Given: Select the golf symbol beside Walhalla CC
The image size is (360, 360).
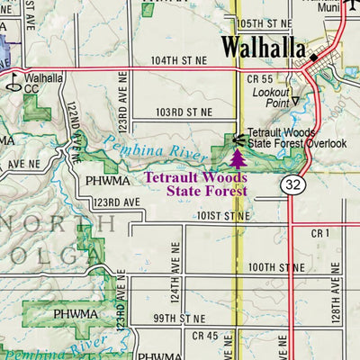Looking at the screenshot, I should tap(13, 84).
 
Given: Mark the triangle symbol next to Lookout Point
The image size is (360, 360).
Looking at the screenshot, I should tap(294, 103).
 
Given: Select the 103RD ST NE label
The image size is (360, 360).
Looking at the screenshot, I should tap(183, 112).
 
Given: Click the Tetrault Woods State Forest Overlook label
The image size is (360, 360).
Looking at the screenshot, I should tap(296, 138).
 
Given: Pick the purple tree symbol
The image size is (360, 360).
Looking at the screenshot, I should tap(238, 159).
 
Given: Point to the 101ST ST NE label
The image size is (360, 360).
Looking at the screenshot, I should tap(225, 217).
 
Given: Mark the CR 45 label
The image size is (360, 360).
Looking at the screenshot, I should tap(205, 336).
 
